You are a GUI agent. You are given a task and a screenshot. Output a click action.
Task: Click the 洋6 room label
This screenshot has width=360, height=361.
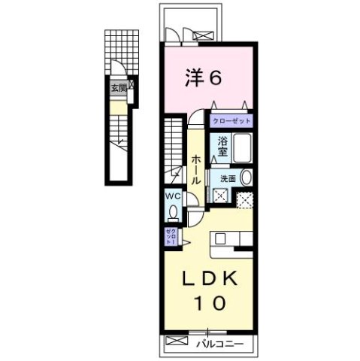[x=204, y=77]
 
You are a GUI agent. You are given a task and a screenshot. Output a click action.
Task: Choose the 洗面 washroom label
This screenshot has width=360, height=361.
[x=227, y=179]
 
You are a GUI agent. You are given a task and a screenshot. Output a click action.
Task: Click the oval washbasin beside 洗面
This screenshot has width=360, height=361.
[x=247, y=178]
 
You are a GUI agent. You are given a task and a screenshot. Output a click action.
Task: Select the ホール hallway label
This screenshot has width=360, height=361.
[x=195, y=168]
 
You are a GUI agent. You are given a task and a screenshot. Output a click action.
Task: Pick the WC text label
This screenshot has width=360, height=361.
[x=172, y=196]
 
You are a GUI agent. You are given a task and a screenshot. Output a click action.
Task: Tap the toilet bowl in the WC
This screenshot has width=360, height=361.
[x=171, y=212]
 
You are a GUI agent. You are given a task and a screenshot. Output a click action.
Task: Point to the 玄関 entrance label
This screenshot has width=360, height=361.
[x=119, y=88]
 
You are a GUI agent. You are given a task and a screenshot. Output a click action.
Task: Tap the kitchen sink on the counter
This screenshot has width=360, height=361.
[x=221, y=239]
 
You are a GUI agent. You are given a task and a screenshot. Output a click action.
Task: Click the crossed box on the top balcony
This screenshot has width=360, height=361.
[x=202, y=33]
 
